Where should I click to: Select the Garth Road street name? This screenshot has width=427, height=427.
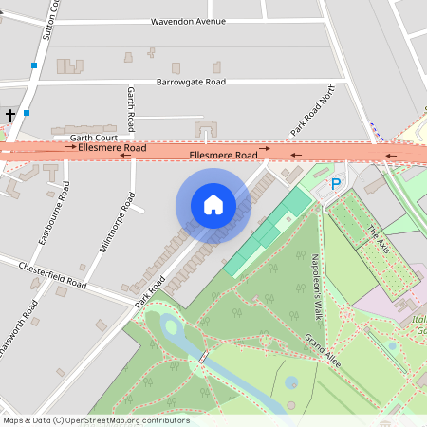pyautogui.click(x=131, y=109)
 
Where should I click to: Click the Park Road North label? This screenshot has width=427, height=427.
pyautogui.click(x=312, y=114)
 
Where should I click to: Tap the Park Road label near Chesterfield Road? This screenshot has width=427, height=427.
pyautogui.click(x=149, y=290)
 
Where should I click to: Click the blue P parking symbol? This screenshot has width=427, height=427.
pyautogui.click(x=334, y=184)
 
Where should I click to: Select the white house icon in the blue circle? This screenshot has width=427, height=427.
pyautogui.click(x=213, y=205)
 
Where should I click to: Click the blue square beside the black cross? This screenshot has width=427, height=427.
pyautogui.click(x=27, y=113)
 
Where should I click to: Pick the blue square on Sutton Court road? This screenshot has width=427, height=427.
pyautogui.click(x=34, y=65)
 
